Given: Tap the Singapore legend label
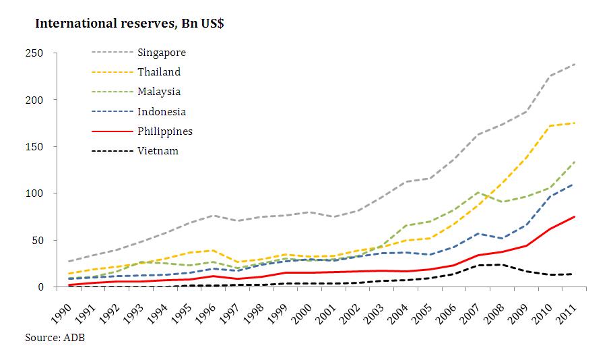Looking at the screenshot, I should [x=161, y=53].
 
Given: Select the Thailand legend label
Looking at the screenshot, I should [x=159, y=72].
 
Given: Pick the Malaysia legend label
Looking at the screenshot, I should [x=159, y=92].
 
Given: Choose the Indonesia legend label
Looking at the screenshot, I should [x=161, y=111].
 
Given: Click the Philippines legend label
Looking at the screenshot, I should [x=165, y=131].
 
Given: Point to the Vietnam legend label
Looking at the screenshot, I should [x=158, y=150].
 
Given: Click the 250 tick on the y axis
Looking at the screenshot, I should [x=34, y=53].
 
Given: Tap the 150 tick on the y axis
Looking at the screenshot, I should [x=34, y=147].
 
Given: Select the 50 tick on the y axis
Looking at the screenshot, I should [x=37, y=241].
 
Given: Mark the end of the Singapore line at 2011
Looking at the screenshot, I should [x=574, y=64].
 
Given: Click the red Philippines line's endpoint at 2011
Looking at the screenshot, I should [x=574, y=216].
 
